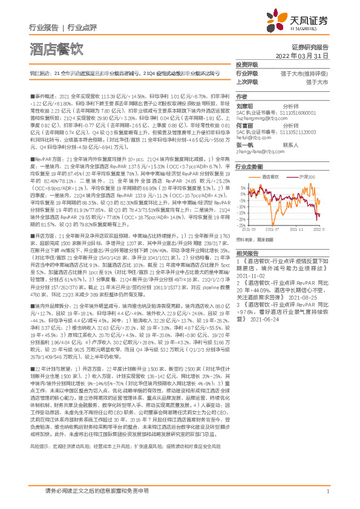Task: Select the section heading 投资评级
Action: [247, 65]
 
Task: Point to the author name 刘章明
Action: [244, 105]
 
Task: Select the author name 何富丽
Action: [244, 127]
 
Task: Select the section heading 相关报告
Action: [247, 253]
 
